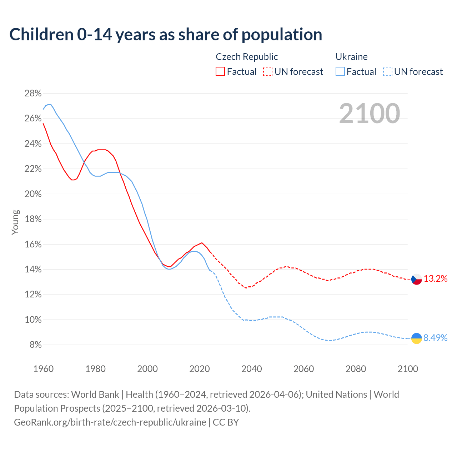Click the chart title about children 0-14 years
(166, 35)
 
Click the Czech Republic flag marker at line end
(417, 279)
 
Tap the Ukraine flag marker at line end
(417, 338)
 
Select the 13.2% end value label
(436, 279)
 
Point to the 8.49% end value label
(436, 338)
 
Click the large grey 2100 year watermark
(370, 114)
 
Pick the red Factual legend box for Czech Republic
(220, 72)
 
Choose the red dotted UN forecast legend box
(268, 72)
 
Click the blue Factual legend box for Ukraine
(340, 72)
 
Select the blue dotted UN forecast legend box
(387, 72)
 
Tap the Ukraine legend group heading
(351, 57)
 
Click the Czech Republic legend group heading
(247, 57)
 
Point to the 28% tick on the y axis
(33, 94)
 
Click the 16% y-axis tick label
(33, 245)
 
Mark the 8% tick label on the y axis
(35, 345)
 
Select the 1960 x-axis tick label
(43, 369)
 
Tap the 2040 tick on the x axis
(252, 369)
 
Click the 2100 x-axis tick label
(408, 369)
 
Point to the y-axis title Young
(15, 222)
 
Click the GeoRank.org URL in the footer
(110, 422)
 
